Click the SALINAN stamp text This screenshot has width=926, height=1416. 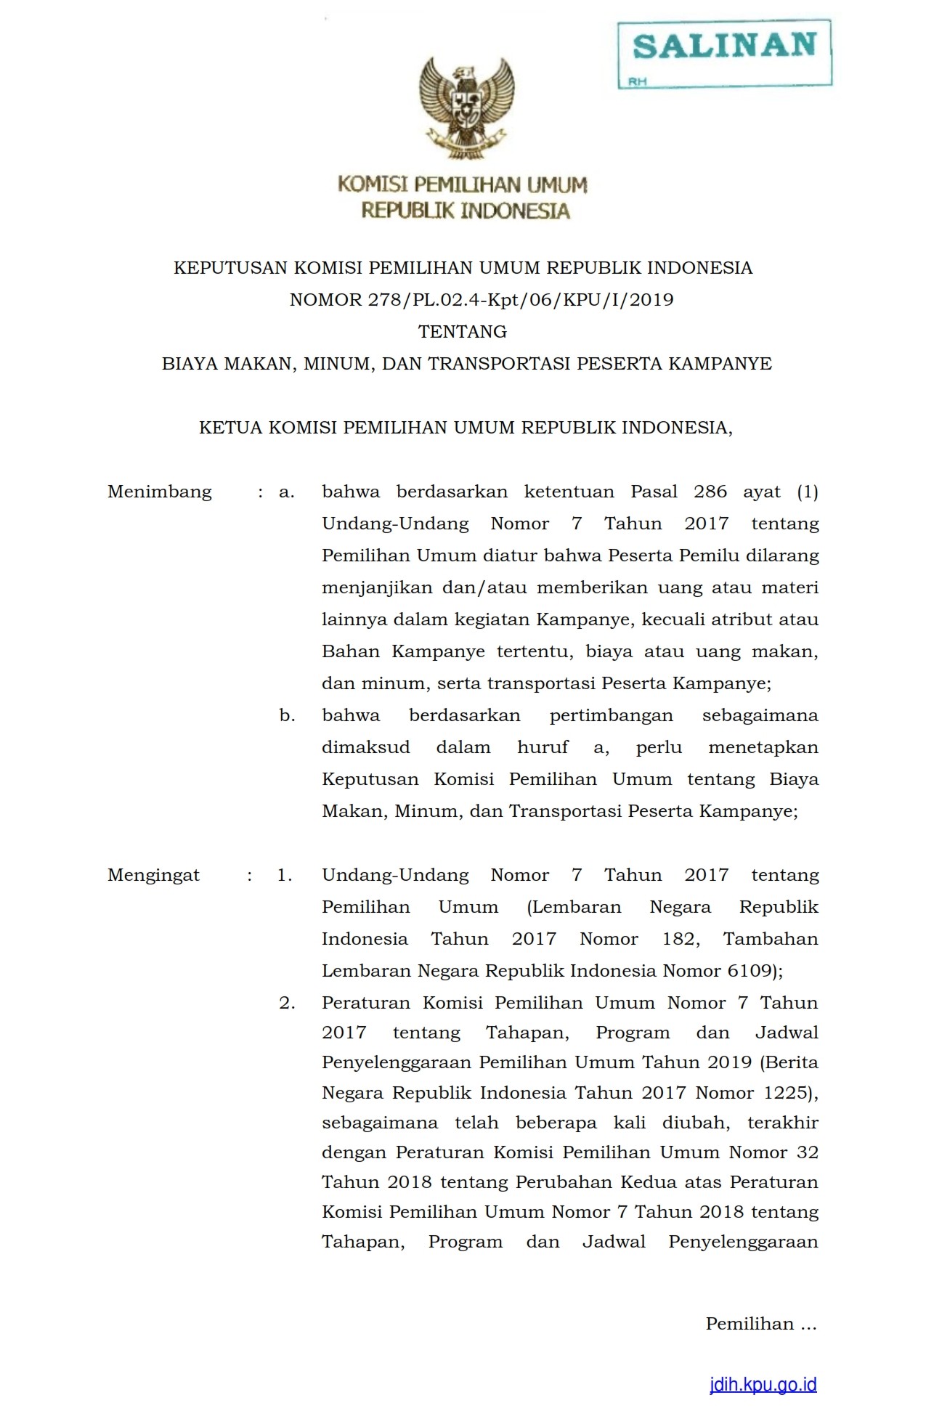[x=724, y=46]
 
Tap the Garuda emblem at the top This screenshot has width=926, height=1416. [x=466, y=107]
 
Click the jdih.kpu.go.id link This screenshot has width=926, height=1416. [x=763, y=1384]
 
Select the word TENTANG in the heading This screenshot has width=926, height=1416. [x=463, y=332]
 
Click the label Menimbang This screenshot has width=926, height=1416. [x=160, y=492]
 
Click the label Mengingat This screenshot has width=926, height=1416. [x=153, y=875]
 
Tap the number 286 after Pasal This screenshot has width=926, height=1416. [x=710, y=492]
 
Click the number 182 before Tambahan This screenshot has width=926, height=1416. [x=679, y=939]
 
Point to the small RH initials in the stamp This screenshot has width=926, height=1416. [x=637, y=82]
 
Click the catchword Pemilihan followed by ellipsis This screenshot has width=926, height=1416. [x=760, y=1324]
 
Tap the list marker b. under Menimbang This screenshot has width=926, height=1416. [x=287, y=715]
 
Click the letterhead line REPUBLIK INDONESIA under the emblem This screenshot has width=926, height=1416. [x=466, y=211]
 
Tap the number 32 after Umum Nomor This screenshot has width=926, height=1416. [x=807, y=1152]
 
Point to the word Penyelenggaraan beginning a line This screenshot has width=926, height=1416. [x=397, y=1062]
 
